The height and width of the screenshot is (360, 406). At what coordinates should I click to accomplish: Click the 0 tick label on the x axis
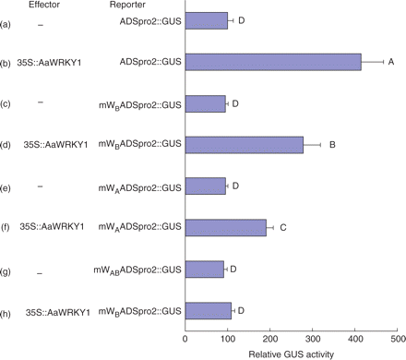pyautogui.click(x=186, y=340)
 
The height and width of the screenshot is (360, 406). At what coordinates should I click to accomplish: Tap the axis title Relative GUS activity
pyautogui.click(x=291, y=354)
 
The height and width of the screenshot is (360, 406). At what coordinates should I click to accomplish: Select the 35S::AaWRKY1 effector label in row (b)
pyautogui.click(x=54, y=62)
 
